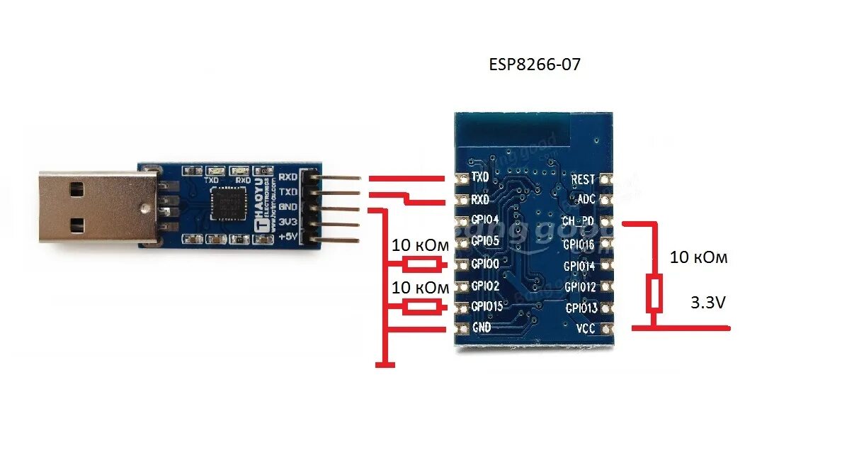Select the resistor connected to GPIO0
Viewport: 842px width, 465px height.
pos(421,264)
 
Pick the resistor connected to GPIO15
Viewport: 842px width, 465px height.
pos(421,307)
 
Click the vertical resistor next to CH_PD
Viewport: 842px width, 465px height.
pos(654,294)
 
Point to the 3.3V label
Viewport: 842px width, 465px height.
pos(707,303)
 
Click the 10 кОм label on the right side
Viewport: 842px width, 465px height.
pos(698,258)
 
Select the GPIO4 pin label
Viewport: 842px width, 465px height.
pos(487,220)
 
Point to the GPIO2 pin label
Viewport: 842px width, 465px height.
pos(487,286)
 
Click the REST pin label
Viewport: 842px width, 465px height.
pos(583,180)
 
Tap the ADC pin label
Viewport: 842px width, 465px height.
pos(586,199)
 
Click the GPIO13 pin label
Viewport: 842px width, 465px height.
pos(581,308)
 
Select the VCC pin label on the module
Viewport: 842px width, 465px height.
pos(585,328)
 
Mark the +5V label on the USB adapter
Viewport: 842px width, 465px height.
pos(288,237)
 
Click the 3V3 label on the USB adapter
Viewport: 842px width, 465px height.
pos(288,223)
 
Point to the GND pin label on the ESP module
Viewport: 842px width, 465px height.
pos(482,327)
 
